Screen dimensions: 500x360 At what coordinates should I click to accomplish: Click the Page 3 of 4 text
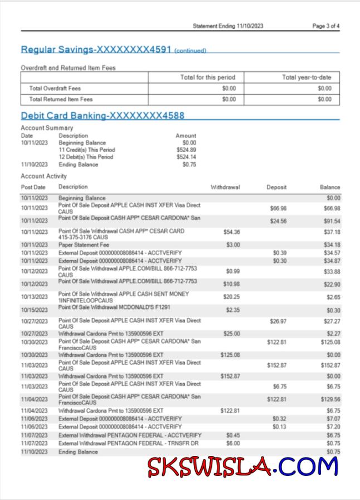325,26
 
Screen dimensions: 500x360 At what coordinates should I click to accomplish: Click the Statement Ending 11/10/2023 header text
228,26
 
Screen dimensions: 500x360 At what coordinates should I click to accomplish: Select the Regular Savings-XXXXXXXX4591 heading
96,50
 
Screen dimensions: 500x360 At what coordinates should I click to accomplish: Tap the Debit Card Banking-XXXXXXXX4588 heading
103,116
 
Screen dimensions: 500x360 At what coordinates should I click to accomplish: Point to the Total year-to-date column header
307,77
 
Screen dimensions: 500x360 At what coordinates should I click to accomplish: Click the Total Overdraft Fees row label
55,89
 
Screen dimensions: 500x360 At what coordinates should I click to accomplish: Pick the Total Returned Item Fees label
61,99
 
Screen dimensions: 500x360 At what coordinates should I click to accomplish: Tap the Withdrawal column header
225,187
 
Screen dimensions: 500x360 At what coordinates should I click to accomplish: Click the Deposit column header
276,187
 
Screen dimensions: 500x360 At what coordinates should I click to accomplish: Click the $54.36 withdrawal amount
231,232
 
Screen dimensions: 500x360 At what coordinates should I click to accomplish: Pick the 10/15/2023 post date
35,310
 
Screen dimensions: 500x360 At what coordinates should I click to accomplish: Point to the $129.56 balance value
330,399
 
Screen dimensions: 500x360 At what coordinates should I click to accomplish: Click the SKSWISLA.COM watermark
243,467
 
